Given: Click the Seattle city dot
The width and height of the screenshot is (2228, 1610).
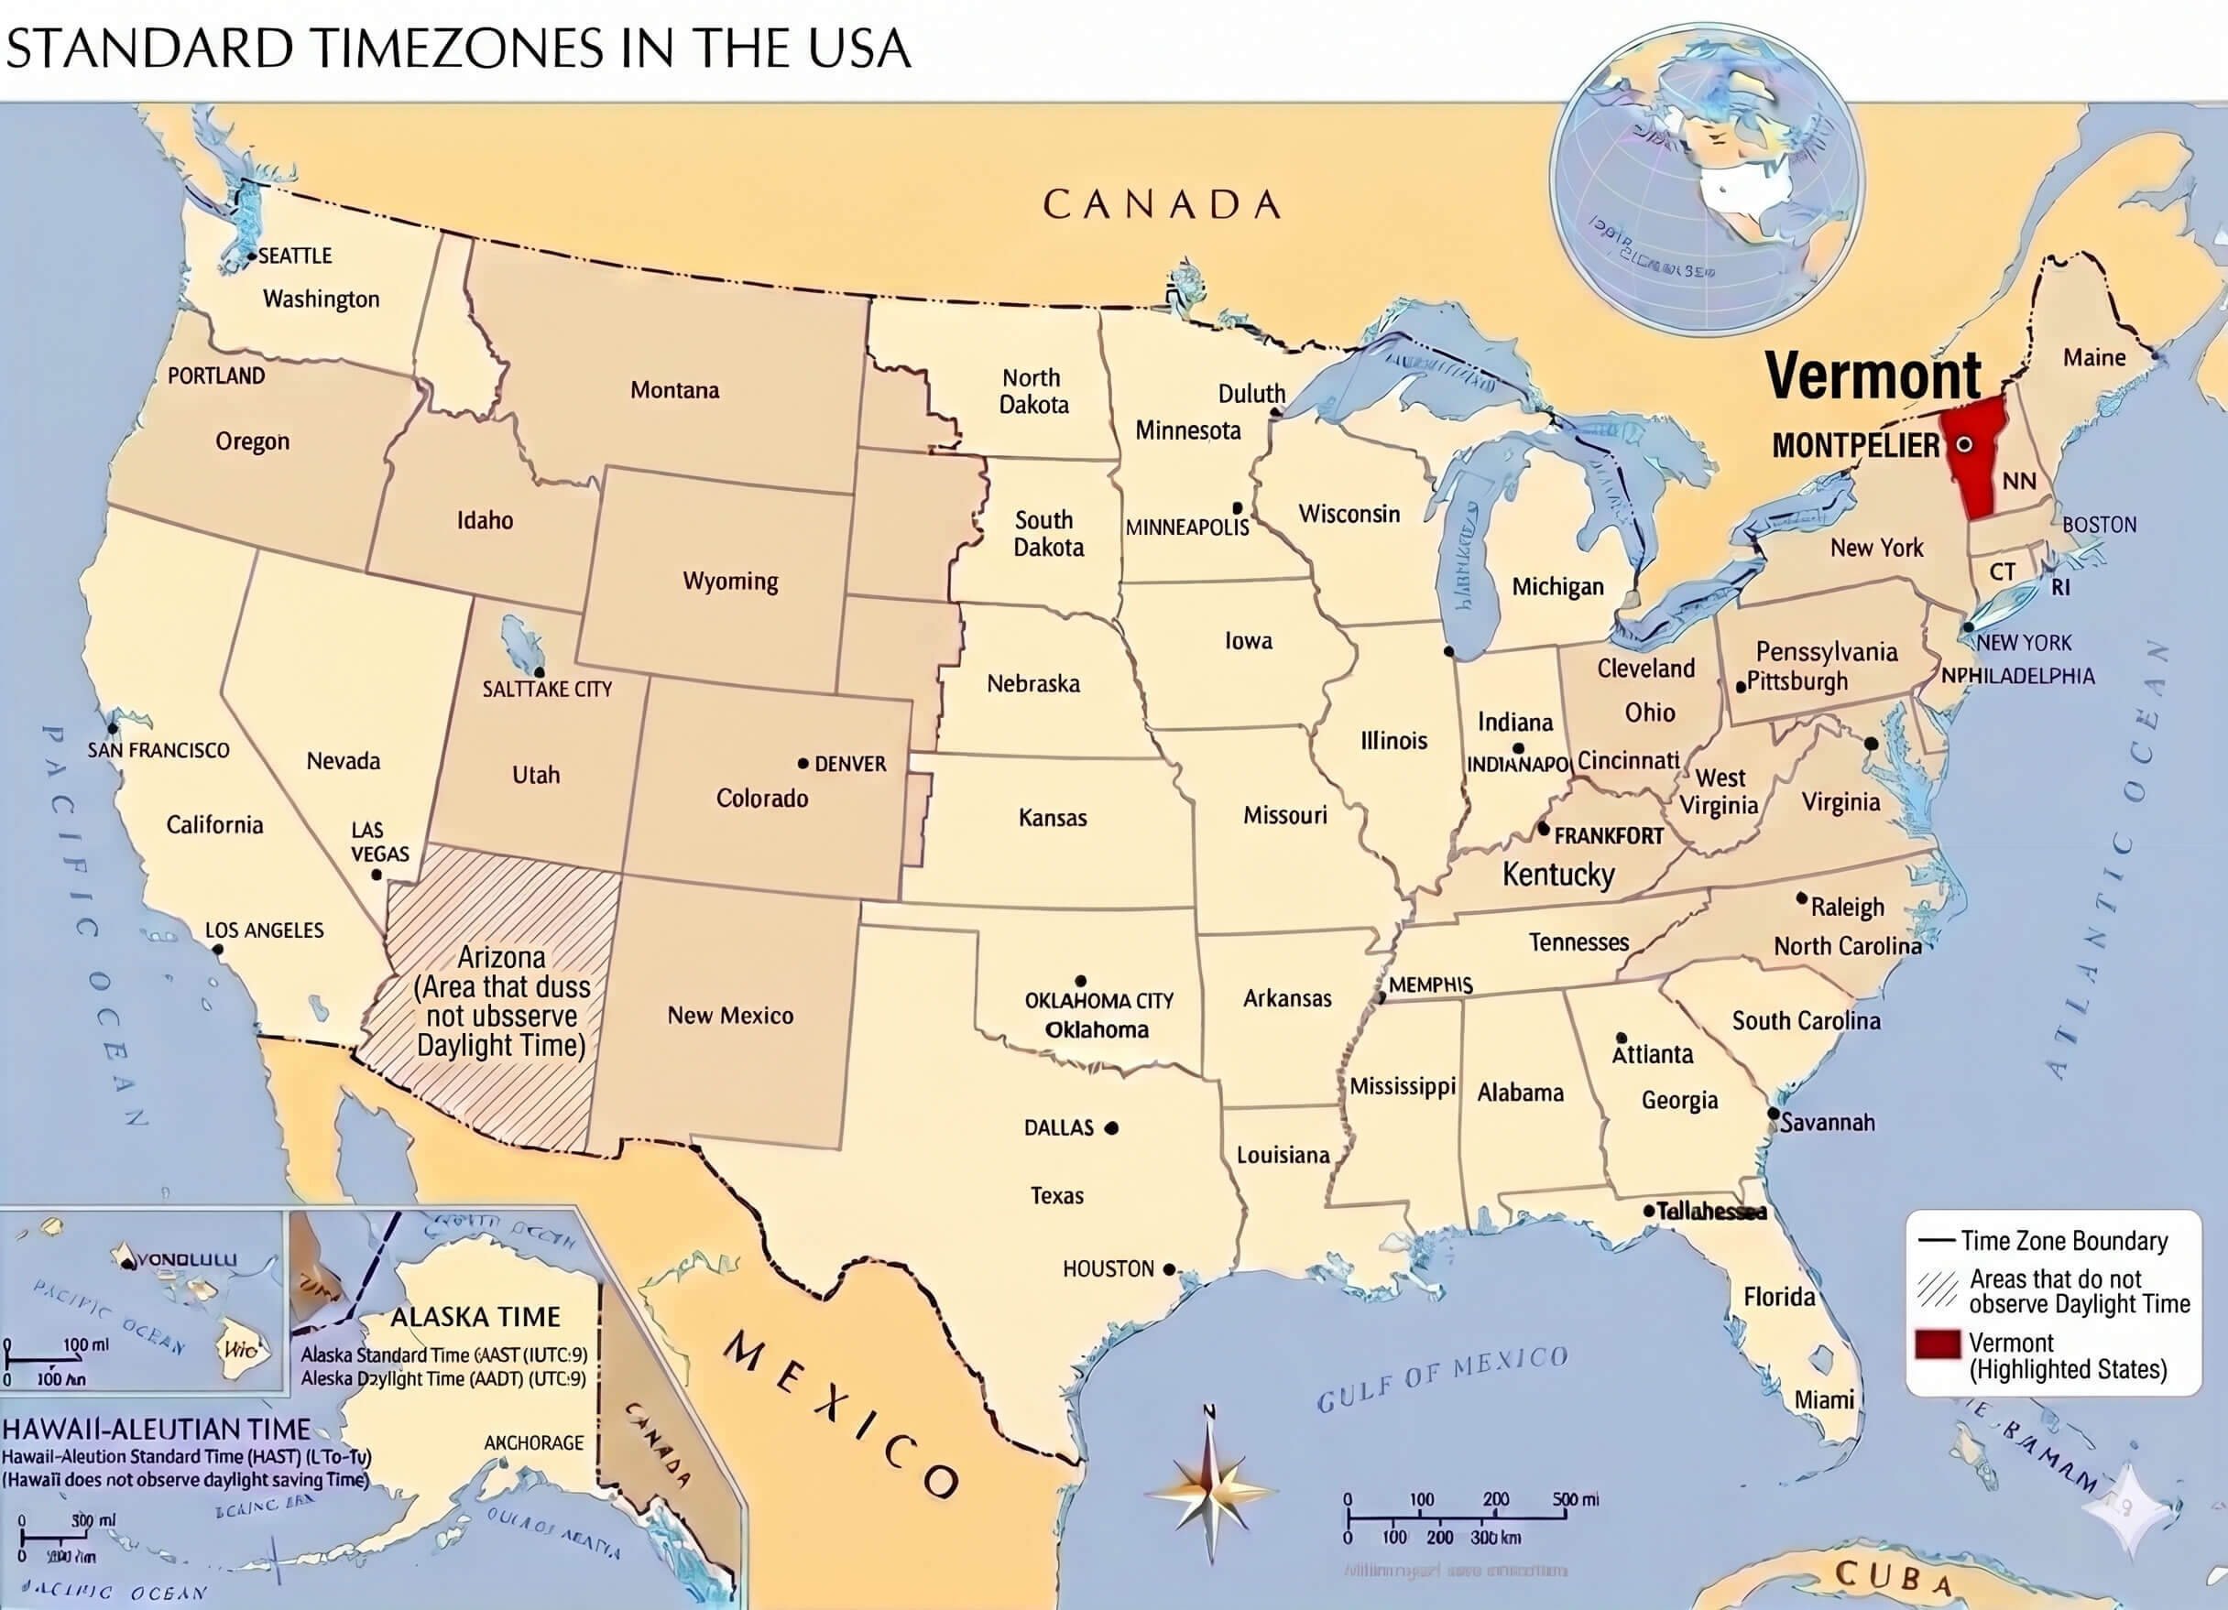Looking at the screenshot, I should click(x=252, y=256).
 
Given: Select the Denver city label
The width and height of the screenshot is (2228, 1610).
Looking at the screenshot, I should click(x=850, y=764).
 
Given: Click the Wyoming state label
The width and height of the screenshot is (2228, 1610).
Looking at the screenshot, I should click(x=730, y=582).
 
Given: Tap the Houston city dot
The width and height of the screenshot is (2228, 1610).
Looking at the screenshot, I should click(x=1169, y=1269).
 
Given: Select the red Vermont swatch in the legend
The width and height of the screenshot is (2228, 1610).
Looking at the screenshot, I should click(x=1938, y=1344).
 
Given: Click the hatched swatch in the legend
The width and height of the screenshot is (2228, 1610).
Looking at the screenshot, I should click(x=1938, y=1289).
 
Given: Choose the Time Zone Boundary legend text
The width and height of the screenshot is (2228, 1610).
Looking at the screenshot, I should click(x=2064, y=1242).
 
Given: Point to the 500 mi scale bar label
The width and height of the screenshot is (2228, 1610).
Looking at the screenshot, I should click(x=1576, y=1499).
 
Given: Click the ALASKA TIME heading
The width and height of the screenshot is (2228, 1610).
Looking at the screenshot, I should click(x=475, y=1317).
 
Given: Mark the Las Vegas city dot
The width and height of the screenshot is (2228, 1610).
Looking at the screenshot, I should click(x=377, y=875).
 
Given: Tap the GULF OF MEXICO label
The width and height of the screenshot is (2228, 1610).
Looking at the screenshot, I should click(x=1441, y=1379).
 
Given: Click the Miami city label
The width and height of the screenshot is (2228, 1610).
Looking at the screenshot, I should click(x=1824, y=1399).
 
